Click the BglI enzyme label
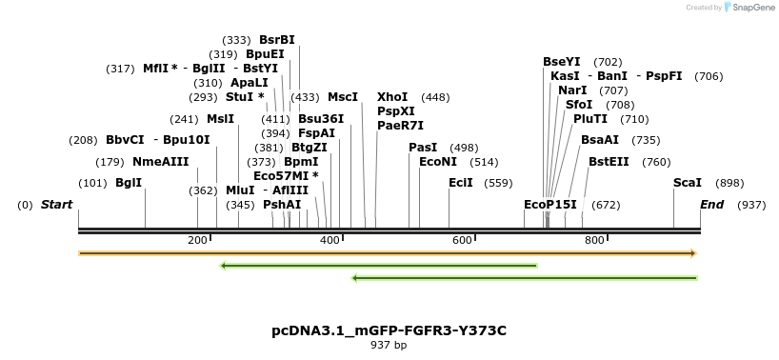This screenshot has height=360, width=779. click(129, 183)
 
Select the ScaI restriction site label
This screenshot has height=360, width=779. click(688, 183)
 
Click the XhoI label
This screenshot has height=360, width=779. click(392, 97)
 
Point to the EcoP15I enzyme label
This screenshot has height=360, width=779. click(550, 205)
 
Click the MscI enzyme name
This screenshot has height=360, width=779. click(343, 97)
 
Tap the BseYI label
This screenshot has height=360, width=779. click(562, 62)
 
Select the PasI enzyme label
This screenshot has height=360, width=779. click(423, 148)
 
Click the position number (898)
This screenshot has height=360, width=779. click(729, 183)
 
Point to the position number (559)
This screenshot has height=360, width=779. click(498, 183)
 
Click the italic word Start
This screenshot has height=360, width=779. click(56, 205)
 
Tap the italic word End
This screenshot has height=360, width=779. click(712, 205)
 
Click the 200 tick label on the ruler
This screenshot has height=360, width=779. click(197, 240)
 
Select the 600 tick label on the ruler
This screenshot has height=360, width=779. click(462, 240)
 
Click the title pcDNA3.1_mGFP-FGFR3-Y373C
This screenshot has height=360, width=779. click(389, 330)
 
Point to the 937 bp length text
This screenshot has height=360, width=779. click(389, 345)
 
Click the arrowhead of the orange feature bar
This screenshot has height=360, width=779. click(694, 253)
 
